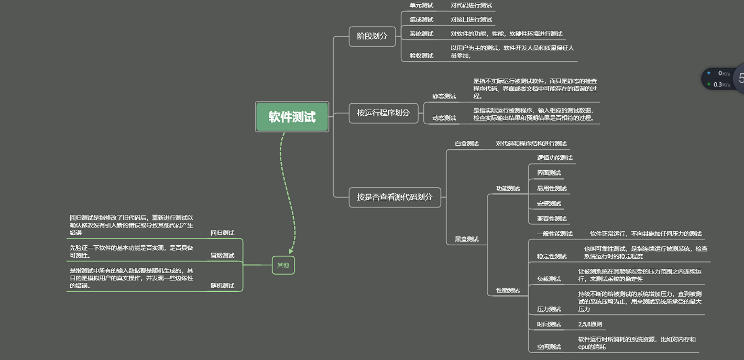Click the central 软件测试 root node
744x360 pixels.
pyautogui.click(x=292, y=116)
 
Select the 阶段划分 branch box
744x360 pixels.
pyautogui.click(x=372, y=36)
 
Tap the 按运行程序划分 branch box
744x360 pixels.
pyautogui.click(x=383, y=113)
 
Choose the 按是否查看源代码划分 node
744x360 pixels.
pyautogui.click(x=395, y=197)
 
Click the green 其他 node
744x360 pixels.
pyautogui.click(x=283, y=265)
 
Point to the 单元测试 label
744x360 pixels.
pyautogui.click(x=421, y=5)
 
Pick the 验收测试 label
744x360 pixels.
pyautogui.click(x=421, y=55)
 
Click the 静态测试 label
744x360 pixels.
pyautogui.click(x=444, y=96)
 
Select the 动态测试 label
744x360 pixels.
pyautogui.click(x=444, y=118)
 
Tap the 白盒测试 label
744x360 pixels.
pyautogui.click(x=466, y=144)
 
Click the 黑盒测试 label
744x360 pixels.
pyautogui.click(x=466, y=239)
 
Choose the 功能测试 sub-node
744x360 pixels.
pyautogui.click(x=508, y=188)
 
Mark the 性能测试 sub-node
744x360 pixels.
pyautogui.click(x=508, y=290)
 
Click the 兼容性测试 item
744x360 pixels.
pyautogui.click(x=552, y=219)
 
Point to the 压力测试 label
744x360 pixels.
pyautogui.click(x=549, y=309)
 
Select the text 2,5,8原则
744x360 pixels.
pyautogui.click(x=590, y=324)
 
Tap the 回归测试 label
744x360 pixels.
pyautogui.click(x=222, y=233)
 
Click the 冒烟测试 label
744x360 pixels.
pyautogui.click(x=222, y=255)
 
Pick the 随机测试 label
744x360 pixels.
pyautogui.click(x=222, y=286)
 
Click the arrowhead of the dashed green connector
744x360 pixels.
pyautogui.click(x=291, y=252)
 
